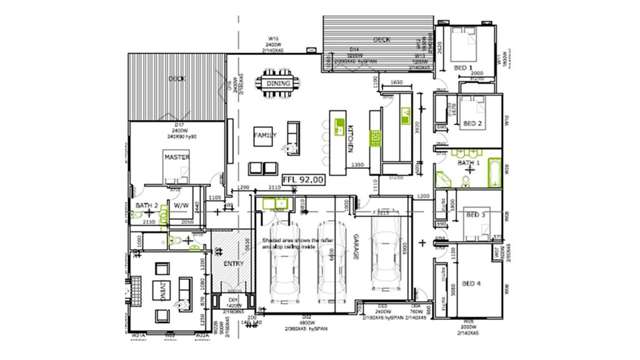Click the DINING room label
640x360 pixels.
click(x=275, y=84)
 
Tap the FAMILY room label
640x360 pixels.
click(x=265, y=133)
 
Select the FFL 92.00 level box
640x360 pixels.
click(x=303, y=180)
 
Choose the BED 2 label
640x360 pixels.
click(x=473, y=124)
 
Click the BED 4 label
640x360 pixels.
click(x=471, y=284)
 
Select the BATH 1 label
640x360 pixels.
click(x=469, y=162)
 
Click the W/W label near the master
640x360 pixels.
click(x=181, y=205)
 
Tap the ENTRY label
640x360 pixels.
click(x=233, y=263)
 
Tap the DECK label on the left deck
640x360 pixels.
click(x=176, y=78)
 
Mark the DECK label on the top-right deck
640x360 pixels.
click(x=381, y=40)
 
